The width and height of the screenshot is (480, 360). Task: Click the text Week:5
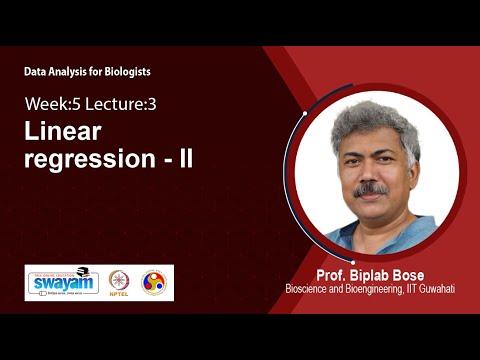click(x=47, y=103)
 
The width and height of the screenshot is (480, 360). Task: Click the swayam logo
click(x=62, y=283)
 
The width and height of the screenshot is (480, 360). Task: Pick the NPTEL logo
click(x=119, y=282)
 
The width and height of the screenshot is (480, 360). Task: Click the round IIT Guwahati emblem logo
click(x=154, y=282)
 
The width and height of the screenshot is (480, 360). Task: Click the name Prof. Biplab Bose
click(x=365, y=275)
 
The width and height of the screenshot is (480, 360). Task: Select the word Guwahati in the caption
click(x=434, y=289)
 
